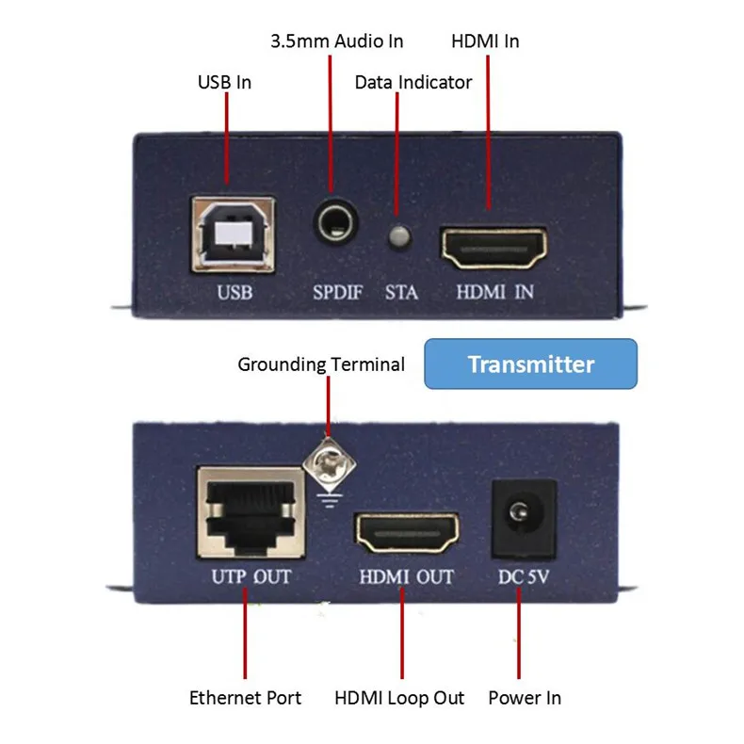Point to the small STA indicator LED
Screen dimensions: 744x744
pos(399,235)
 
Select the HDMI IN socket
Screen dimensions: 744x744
pos(494,247)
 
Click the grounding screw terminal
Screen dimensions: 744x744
pos(329,463)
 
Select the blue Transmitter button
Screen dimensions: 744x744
pos(531,364)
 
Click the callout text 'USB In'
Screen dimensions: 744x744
pos(224,82)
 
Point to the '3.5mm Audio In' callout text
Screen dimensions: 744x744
pos(336,40)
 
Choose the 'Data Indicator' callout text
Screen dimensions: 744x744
pos(413,82)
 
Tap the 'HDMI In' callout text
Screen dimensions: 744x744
pos(485,40)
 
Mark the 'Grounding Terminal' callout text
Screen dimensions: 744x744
pos(321,364)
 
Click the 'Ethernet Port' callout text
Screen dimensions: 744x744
pos(246,698)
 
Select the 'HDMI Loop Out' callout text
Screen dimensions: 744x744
pos(399,698)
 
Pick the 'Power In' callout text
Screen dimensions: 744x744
pos(525,698)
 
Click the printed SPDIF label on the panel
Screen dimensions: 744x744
pos(338,292)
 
